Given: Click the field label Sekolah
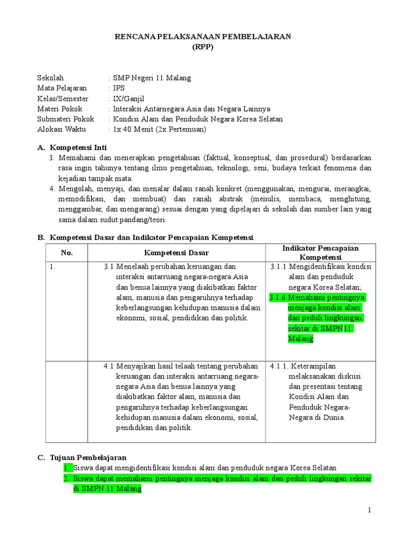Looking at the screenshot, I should pyautogui.click(x=50, y=78).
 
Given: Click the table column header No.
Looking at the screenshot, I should pyautogui.click(x=67, y=253).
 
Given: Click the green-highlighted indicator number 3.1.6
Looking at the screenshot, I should pyautogui.click(x=278, y=298).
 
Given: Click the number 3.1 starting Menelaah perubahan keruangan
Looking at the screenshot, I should pyautogui.click(x=109, y=267).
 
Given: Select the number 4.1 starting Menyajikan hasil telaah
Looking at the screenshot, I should pyautogui.click(x=109, y=366).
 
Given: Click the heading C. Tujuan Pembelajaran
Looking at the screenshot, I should pyautogui.click(x=82, y=458).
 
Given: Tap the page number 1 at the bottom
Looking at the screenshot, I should pyautogui.click(x=369, y=511).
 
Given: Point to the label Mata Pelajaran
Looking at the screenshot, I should pyautogui.click(x=62, y=88).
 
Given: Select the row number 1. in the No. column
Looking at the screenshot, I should pyautogui.click(x=52, y=267).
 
